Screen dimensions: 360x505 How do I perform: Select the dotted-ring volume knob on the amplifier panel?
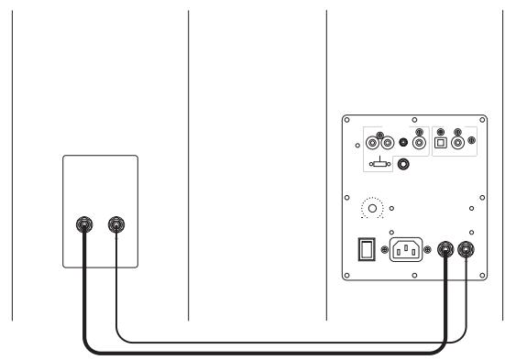point(372,209)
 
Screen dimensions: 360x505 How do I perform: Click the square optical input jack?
point(442,142)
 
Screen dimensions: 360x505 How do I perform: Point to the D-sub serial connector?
point(378,165)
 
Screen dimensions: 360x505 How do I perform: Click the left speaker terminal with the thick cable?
point(84,224)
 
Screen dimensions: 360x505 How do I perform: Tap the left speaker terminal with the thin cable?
point(115,224)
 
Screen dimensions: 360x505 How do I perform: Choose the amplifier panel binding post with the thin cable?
point(467,248)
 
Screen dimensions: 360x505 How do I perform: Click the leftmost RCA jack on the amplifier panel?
point(373,142)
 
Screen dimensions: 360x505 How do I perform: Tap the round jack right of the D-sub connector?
point(402,165)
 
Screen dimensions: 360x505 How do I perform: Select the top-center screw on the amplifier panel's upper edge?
point(414,119)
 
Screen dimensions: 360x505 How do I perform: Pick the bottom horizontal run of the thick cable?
point(266,353)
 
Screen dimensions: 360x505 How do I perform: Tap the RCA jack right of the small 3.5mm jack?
point(420,142)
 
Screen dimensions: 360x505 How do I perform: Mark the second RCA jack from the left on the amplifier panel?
point(388,142)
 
